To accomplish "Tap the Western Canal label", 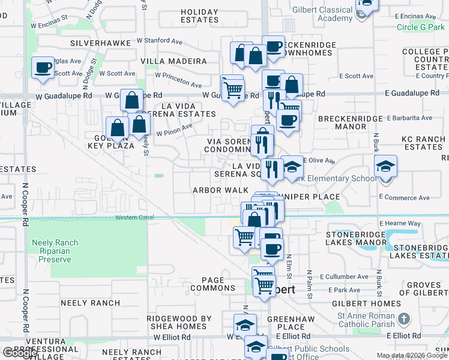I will pos(135,217).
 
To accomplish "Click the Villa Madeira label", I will pos(173,61).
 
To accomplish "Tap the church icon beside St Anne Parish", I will pos(405,319).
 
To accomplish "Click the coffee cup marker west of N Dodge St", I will pos(43,68).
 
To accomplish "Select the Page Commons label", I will pos(213,284).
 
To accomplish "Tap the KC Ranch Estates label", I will pos(423,143).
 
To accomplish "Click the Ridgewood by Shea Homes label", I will pos(179,322).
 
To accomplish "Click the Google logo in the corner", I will pos(20,353).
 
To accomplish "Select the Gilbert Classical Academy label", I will pos(327,14).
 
